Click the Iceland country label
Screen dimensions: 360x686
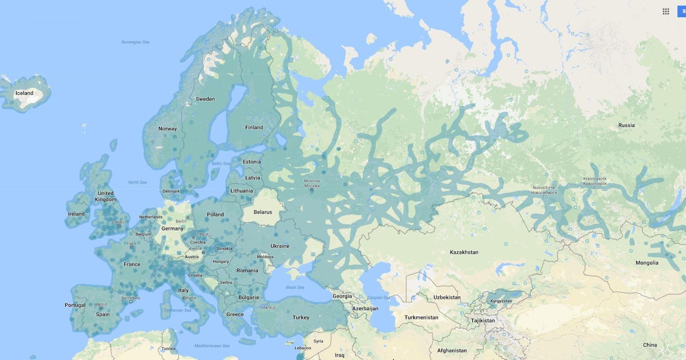tap(24, 93)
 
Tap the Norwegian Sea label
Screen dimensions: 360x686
tap(135, 42)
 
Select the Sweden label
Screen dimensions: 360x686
tap(205, 99)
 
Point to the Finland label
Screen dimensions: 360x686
tap(254, 127)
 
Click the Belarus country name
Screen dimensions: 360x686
tap(263, 212)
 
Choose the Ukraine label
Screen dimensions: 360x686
tap(280, 246)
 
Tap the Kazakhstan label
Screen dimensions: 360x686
tap(464, 252)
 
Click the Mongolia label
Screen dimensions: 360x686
tap(647, 263)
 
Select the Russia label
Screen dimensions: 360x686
tap(627, 125)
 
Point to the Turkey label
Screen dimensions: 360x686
tap(301, 318)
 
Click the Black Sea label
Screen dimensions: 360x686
tap(295, 287)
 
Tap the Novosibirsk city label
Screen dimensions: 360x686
tap(543, 190)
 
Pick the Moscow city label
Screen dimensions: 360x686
tap(312, 183)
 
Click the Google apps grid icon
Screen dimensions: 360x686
tap(666, 11)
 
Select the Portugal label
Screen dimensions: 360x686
tap(75, 305)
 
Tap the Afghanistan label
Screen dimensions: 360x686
tap(452, 350)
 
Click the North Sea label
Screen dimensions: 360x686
tap(137, 182)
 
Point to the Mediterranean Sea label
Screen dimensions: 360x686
tap(212, 346)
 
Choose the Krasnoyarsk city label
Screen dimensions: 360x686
tap(595, 181)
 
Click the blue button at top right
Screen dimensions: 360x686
tap(681, 11)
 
